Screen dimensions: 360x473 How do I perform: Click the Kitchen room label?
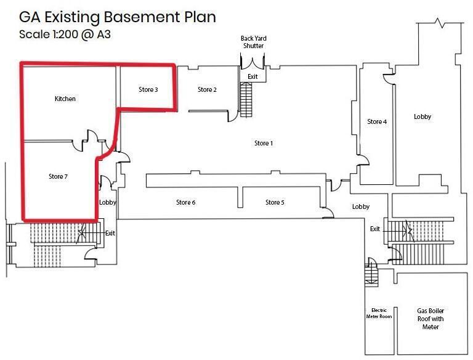point(65,99)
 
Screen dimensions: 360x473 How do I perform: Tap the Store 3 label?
point(148,89)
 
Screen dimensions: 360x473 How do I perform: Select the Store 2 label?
point(207,89)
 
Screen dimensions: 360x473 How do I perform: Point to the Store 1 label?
point(263,143)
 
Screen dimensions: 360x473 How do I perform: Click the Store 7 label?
point(58,176)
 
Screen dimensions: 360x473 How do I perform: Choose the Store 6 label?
point(185,202)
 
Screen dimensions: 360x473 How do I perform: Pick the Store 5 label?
point(275,202)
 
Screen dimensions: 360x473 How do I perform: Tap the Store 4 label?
point(377,121)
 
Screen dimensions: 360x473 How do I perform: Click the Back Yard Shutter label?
point(253,42)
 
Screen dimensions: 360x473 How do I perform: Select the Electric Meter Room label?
point(378,313)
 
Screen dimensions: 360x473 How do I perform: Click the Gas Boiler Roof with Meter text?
point(431,319)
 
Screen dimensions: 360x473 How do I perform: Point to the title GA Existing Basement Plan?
point(118,17)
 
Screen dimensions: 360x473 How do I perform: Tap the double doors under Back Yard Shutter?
point(253,62)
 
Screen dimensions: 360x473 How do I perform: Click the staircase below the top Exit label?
point(246,99)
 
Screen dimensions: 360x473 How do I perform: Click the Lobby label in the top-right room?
point(422,117)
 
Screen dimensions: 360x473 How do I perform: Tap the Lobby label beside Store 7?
point(108,202)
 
